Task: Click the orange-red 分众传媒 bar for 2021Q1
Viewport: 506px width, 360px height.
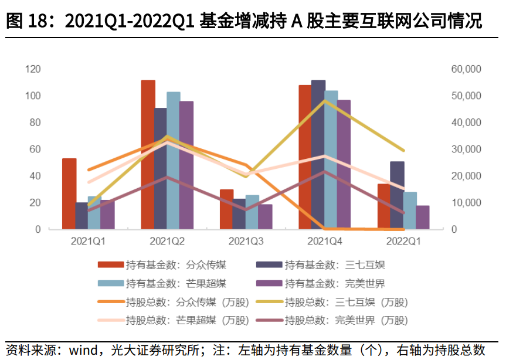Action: coord(69,193)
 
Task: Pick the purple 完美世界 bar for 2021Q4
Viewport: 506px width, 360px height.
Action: coord(344,164)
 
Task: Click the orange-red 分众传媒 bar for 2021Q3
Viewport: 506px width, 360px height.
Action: coord(226,209)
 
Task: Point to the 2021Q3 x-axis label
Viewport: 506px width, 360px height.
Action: coord(246,241)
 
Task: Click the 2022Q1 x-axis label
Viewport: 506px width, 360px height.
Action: coord(403,241)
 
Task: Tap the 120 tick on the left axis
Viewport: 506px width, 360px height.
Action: coord(33,69)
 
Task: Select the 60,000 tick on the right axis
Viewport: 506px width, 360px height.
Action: coord(466,69)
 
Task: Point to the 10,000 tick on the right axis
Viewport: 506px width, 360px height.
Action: coord(466,203)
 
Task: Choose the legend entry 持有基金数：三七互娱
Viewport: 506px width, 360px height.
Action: coord(335,264)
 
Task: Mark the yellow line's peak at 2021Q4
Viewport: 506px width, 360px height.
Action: coord(324,101)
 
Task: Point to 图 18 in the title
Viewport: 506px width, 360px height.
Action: coord(25,22)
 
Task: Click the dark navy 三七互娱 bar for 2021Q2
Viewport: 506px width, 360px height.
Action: coord(161,168)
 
